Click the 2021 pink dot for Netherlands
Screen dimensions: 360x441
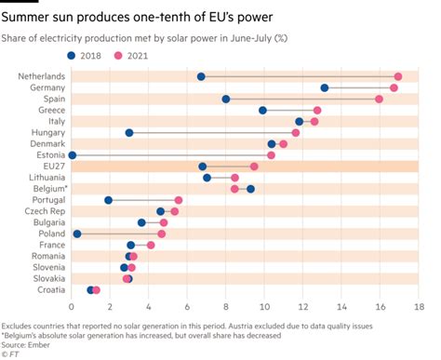click(398, 76)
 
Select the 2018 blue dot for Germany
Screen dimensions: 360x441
click(325, 87)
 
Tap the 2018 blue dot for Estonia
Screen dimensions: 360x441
click(73, 154)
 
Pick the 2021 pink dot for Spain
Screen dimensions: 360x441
click(379, 99)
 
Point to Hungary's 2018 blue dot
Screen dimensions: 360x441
click(129, 132)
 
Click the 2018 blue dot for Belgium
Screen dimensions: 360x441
click(250, 189)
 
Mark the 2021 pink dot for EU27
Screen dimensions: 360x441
click(254, 167)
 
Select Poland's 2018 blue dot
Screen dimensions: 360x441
click(77, 233)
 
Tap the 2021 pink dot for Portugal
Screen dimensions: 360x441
click(179, 200)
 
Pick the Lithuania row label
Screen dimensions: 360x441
click(46, 178)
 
